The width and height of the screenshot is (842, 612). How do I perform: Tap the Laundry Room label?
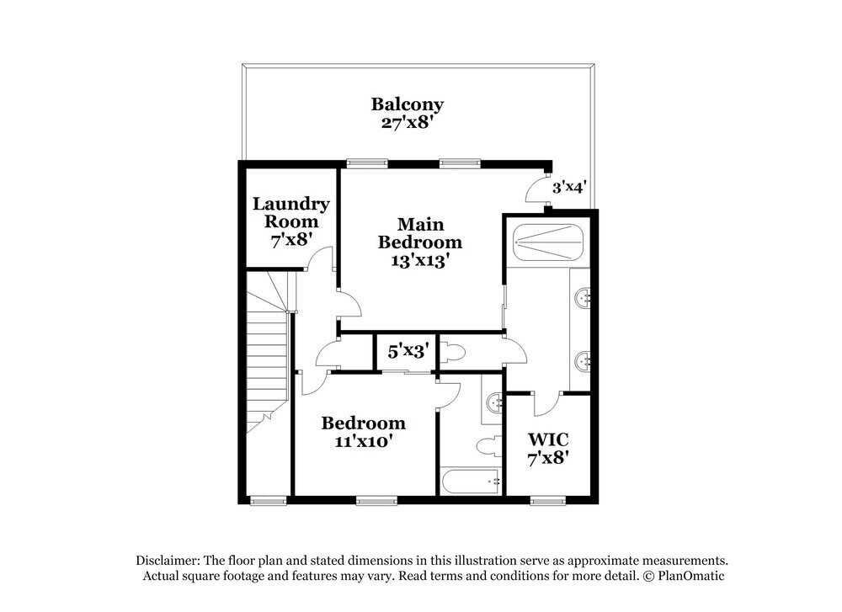291,221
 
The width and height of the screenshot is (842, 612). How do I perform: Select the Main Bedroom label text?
419,242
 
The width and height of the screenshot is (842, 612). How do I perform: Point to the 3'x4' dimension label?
568,188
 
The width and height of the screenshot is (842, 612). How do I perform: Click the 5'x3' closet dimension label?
402,349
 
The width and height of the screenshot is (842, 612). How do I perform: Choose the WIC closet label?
548,449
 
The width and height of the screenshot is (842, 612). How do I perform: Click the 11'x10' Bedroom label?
363,431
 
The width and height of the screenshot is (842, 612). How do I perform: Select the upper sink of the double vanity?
583,296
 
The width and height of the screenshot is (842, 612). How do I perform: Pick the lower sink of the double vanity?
583,362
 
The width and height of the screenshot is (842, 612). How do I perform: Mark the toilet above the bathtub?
488,443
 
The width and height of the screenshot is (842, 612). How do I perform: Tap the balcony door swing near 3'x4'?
536,192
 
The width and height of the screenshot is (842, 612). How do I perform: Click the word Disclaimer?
167,561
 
